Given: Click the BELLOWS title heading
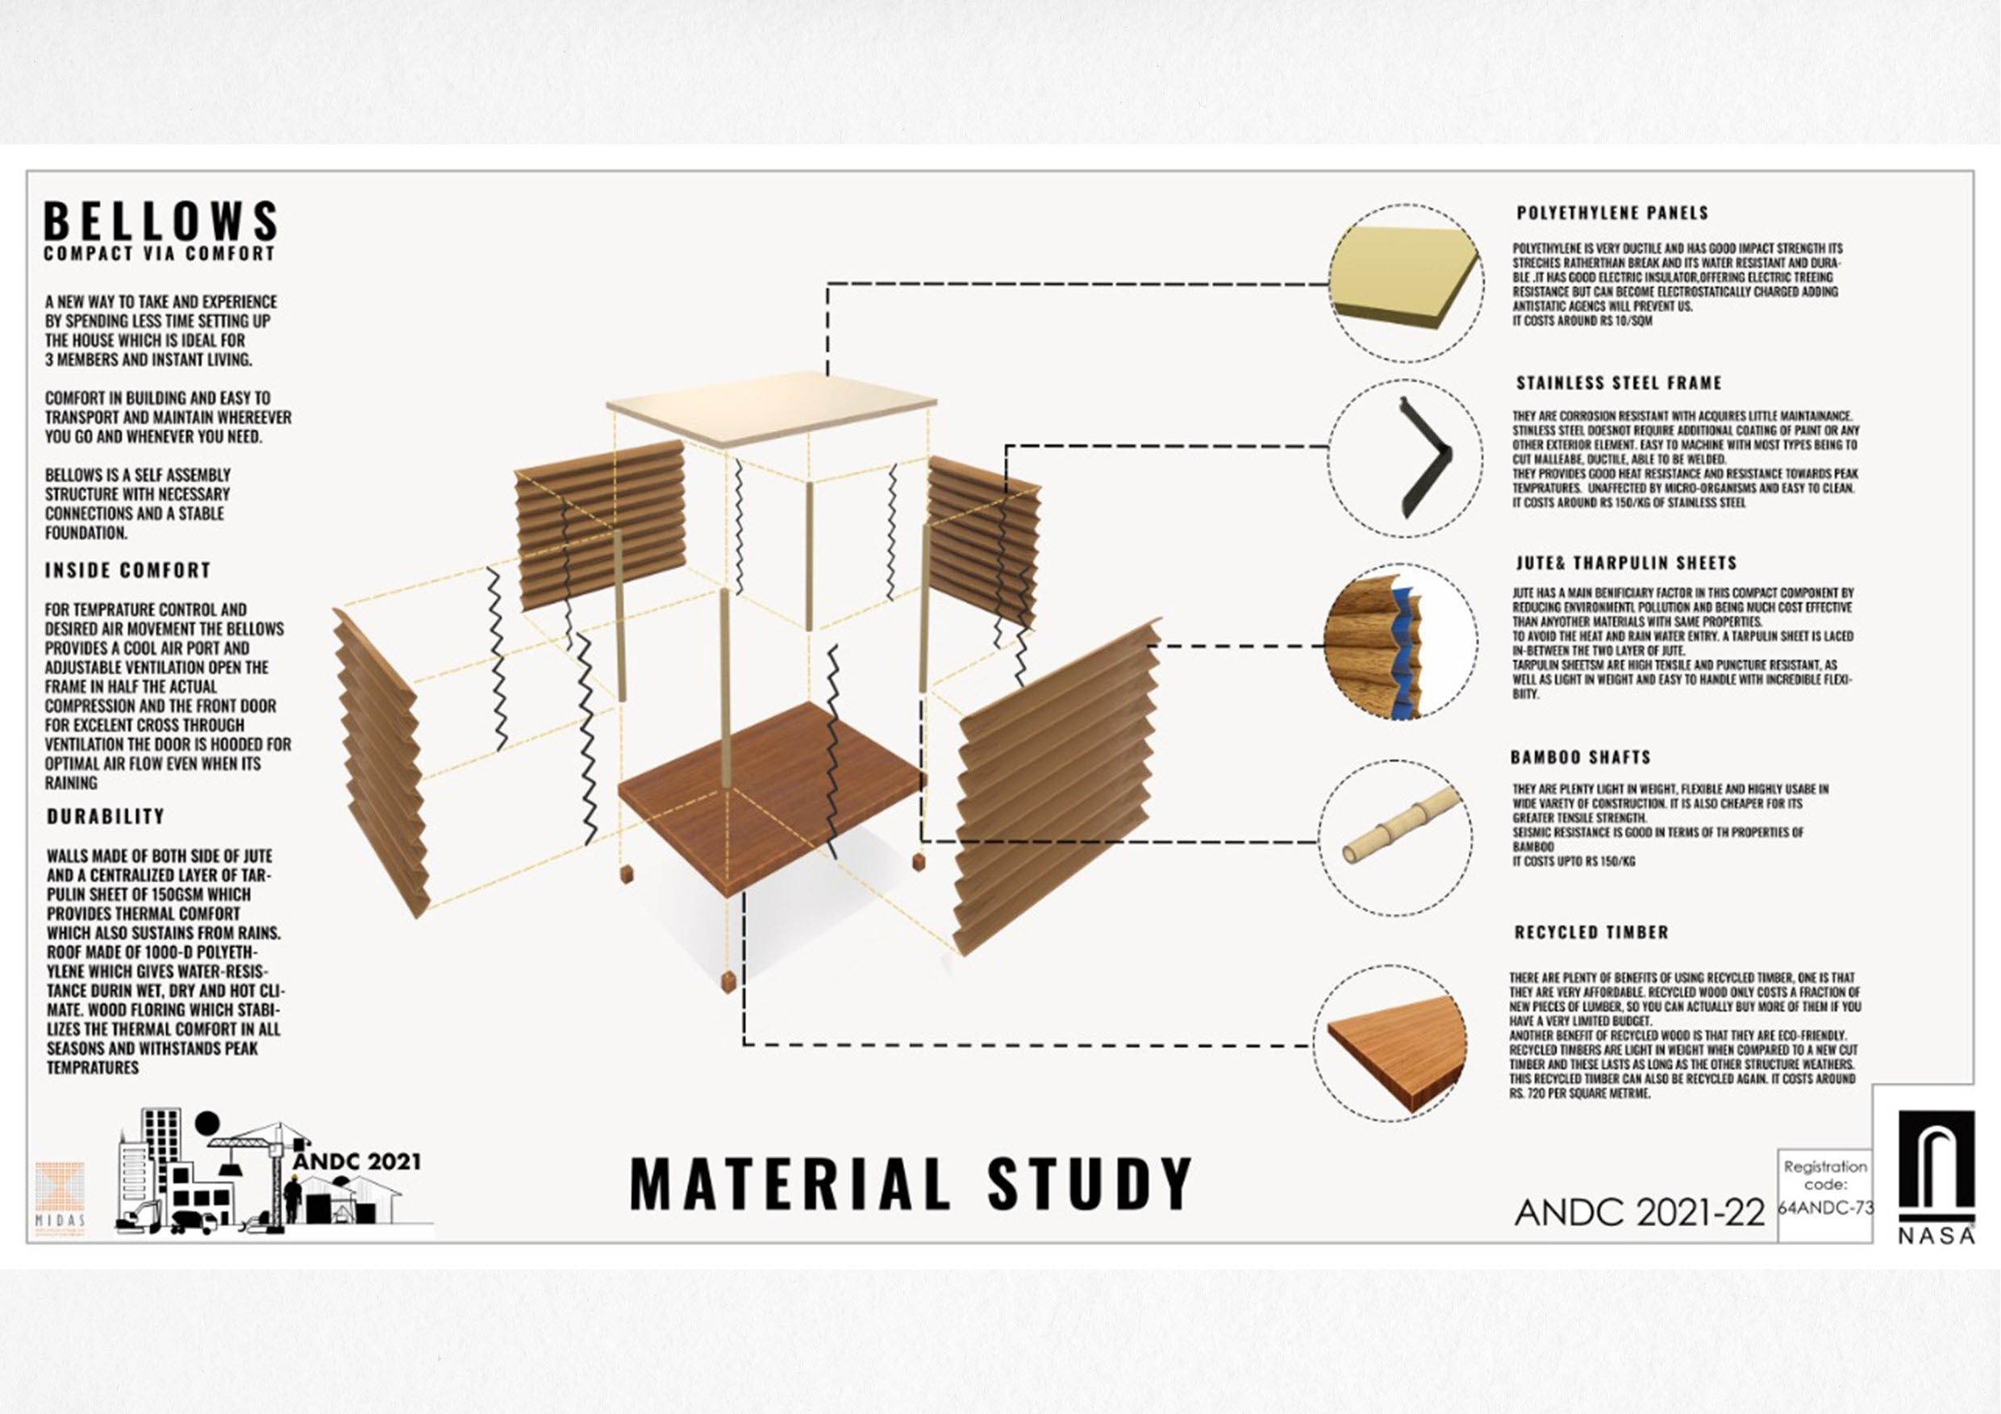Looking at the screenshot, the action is [x=161, y=222].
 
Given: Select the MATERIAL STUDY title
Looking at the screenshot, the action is [x=910, y=1183].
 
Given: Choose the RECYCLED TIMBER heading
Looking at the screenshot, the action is [x=1590, y=932].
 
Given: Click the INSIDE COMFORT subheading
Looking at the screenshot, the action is [x=128, y=571].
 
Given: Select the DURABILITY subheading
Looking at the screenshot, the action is [x=106, y=817].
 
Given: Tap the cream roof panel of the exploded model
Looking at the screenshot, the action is [x=771, y=408].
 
